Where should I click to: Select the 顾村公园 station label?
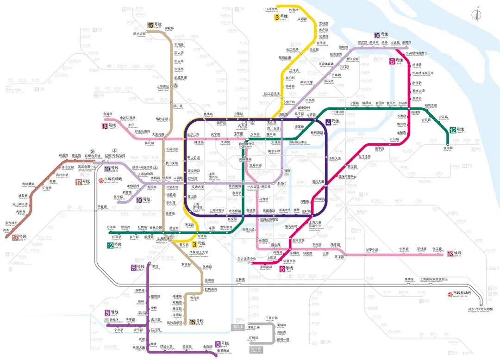(x=139, y=34)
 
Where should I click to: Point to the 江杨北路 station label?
(x=271, y=9)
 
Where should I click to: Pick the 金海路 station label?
(x=448, y=148)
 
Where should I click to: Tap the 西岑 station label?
(x=6, y=230)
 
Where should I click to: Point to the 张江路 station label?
(x=437, y=249)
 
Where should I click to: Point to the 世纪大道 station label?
(x=318, y=181)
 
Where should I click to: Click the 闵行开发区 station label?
(x=111, y=319)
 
